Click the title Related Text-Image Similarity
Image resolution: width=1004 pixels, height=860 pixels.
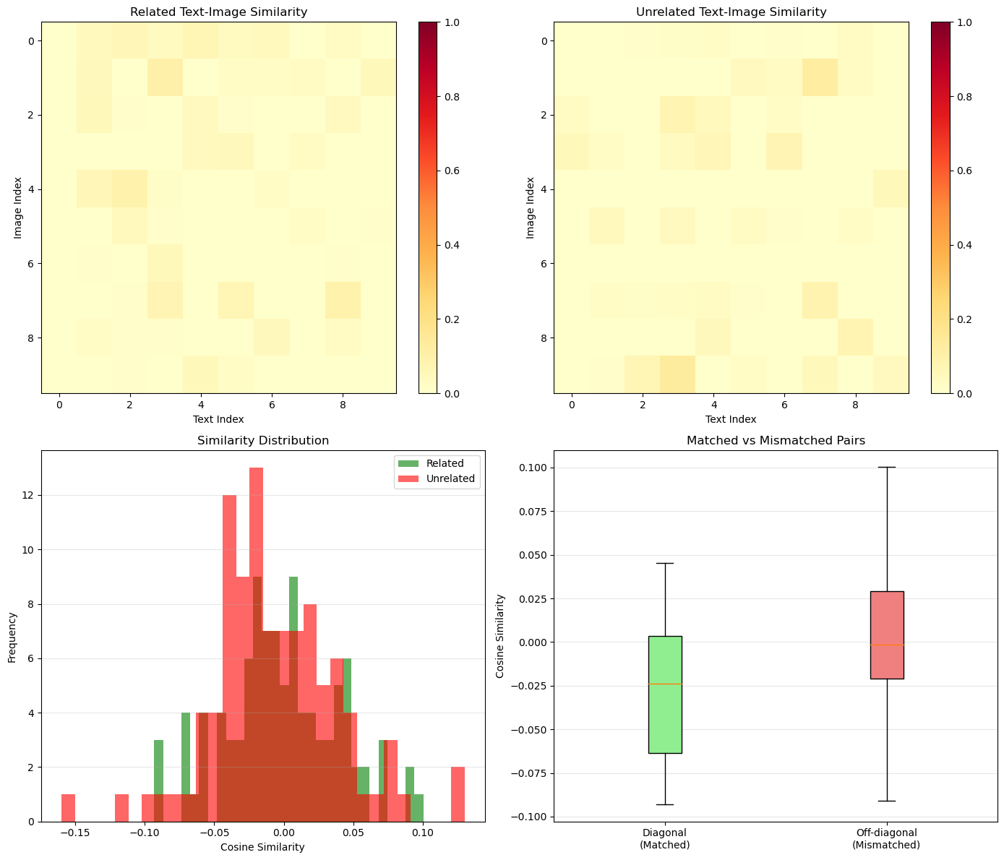[218, 12]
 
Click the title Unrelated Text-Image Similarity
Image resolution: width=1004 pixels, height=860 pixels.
[731, 12]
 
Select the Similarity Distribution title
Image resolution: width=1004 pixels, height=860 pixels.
[263, 440]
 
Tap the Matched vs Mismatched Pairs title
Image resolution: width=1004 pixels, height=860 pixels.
[776, 440]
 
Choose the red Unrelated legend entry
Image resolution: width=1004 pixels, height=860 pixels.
[436, 478]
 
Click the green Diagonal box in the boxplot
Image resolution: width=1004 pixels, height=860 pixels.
[665, 695]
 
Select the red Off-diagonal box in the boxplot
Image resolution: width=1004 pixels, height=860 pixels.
[887, 635]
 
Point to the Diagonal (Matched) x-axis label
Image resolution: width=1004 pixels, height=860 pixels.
[664, 838]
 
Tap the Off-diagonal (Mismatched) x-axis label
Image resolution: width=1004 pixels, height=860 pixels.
[886, 838]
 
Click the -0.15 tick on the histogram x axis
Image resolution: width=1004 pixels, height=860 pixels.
[75, 833]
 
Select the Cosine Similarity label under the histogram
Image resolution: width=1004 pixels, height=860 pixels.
[262, 848]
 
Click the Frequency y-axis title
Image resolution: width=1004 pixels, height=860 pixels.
[12, 637]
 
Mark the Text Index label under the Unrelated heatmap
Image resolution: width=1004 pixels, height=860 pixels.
[731, 419]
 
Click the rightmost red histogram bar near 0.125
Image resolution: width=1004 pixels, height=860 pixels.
[458, 794]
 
